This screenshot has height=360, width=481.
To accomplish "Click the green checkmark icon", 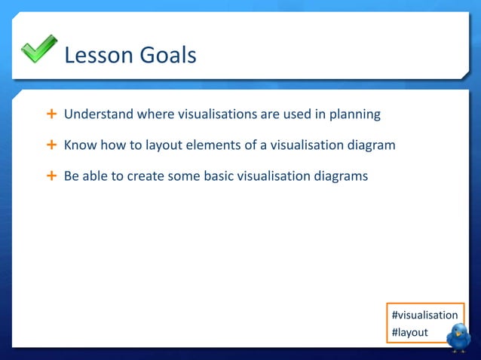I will (x=38, y=50).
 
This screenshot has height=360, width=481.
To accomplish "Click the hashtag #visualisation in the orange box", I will (x=424, y=315).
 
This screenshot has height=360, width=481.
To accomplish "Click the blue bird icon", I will (x=458, y=337).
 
